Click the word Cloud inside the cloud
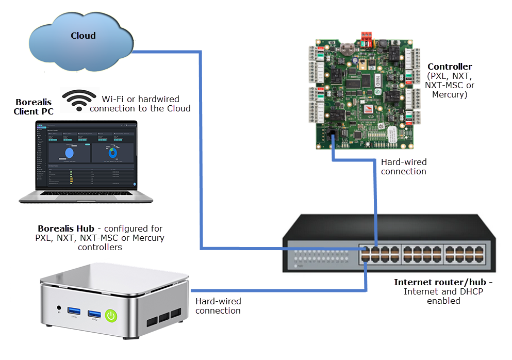coord(83,36)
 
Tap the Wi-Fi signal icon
coord(79,100)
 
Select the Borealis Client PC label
coord(34,106)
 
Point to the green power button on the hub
coord(110,315)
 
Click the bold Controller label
coord(450,67)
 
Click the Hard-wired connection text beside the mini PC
coord(218,306)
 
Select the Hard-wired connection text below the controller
coord(403,167)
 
